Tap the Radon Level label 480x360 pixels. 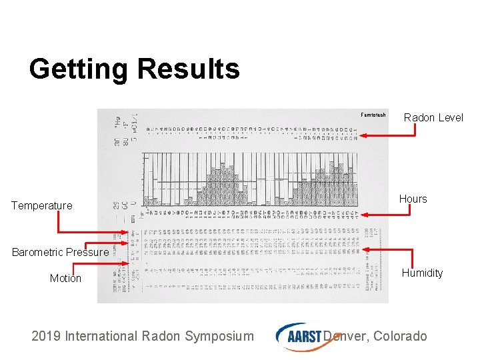point(433,117)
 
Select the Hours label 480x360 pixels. point(413,199)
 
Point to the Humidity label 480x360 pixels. point(421,273)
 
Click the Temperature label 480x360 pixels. point(41,205)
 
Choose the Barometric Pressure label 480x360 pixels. point(59,252)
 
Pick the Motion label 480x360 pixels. point(65,278)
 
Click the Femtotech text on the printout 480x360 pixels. point(373,115)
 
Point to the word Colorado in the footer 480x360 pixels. point(400,336)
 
